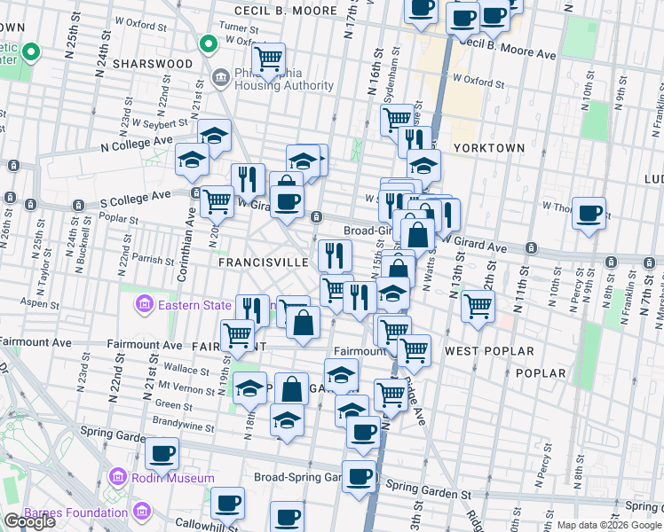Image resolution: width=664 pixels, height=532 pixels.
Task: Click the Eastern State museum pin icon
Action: click(x=144, y=306)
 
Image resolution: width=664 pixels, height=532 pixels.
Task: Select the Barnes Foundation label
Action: click(x=75, y=512)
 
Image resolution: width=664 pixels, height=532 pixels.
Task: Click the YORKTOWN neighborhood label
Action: click(x=488, y=147)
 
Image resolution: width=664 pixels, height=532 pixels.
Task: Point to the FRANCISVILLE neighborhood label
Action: click(x=261, y=263)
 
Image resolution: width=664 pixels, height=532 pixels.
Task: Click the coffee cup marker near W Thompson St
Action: click(x=589, y=214)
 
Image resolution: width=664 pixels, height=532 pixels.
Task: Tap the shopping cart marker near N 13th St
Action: click(x=478, y=306)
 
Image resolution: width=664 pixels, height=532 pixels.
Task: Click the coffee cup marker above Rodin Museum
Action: click(x=162, y=454)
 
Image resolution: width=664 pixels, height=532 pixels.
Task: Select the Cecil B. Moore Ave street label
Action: click(x=509, y=49)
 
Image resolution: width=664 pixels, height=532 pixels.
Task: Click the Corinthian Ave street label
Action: click(x=190, y=223)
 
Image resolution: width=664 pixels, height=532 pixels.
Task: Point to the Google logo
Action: click(x=30, y=522)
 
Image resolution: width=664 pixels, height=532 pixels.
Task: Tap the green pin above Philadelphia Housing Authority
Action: click(x=209, y=43)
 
